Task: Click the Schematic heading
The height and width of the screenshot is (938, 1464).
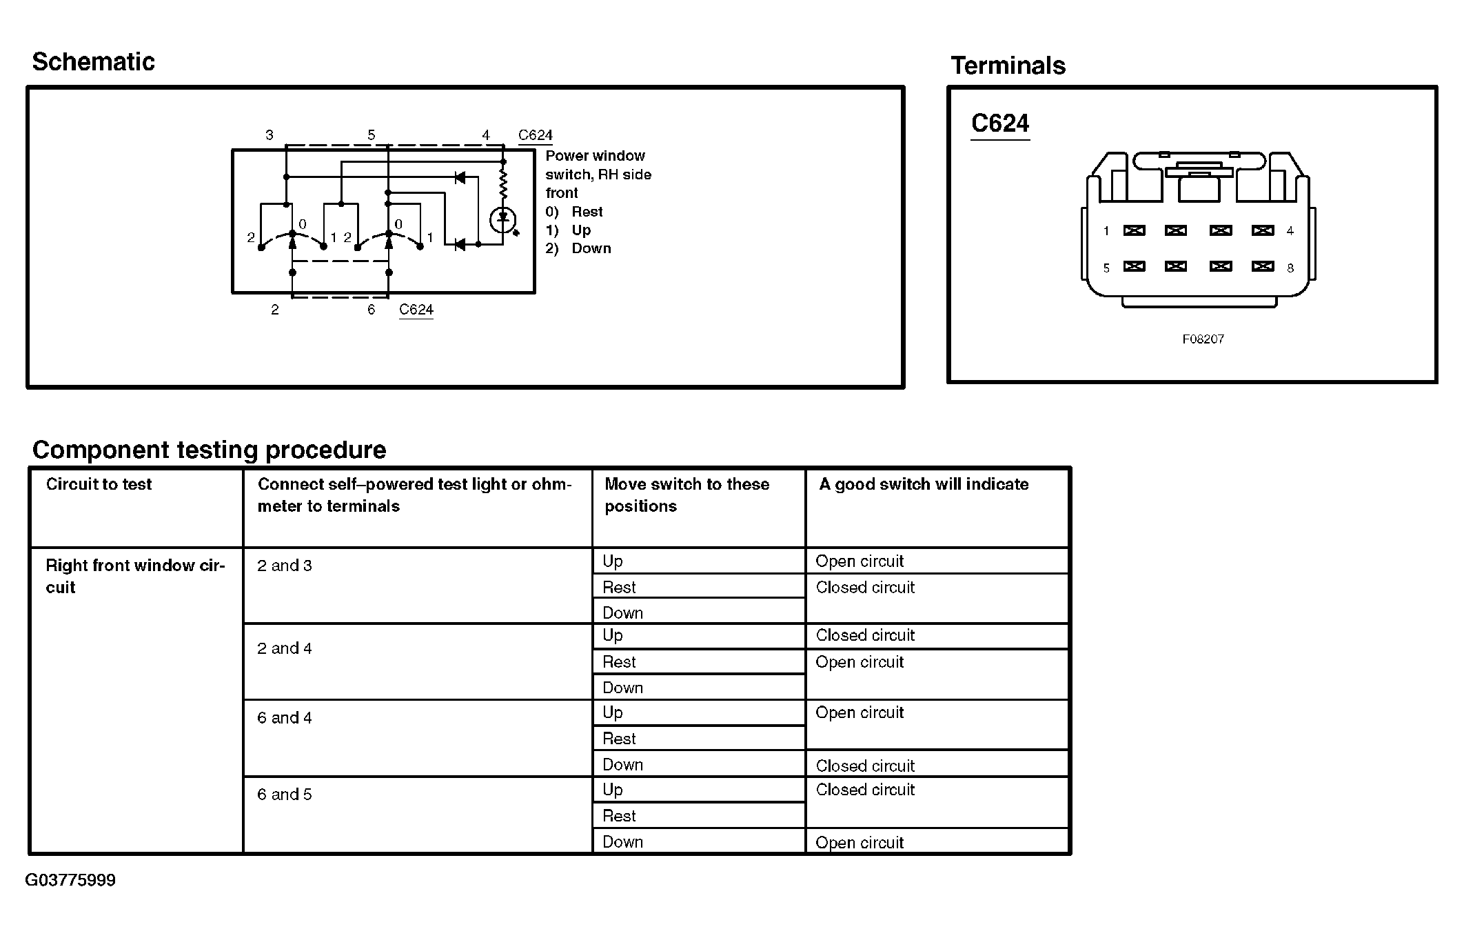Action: (x=93, y=62)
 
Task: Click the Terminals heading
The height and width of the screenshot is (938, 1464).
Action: (x=1008, y=66)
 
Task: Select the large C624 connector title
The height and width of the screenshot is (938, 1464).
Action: (x=999, y=123)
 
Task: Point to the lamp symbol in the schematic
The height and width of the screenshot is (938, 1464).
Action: (x=502, y=220)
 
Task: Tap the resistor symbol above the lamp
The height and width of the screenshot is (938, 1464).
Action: (x=503, y=185)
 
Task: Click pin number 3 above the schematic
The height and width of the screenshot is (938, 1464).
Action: (x=270, y=135)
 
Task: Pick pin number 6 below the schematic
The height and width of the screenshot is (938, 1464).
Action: (x=371, y=310)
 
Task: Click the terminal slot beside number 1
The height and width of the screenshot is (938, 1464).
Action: (x=1134, y=230)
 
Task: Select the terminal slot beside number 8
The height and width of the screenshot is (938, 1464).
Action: (x=1262, y=266)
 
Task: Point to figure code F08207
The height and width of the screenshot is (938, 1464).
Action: (x=1203, y=339)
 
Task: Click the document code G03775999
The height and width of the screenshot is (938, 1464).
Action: (x=70, y=881)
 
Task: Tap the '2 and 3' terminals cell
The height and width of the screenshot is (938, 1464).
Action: (x=285, y=566)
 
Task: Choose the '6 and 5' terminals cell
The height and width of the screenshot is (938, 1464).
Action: (x=285, y=795)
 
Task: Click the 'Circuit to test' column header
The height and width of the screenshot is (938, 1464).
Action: (x=99, y=484)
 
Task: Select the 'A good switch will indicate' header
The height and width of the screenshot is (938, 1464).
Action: (x=924, y=484)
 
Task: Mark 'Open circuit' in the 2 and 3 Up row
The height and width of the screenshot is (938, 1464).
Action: (x=860, y=561)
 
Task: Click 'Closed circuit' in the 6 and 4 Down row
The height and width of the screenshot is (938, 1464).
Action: (x=865, y=766)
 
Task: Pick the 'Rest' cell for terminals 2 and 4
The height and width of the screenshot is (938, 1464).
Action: (x=619, y=662)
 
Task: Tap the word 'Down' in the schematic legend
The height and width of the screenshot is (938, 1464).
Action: (x=591, y=248)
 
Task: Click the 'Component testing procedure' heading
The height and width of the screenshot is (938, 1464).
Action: (x=209, y=450)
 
